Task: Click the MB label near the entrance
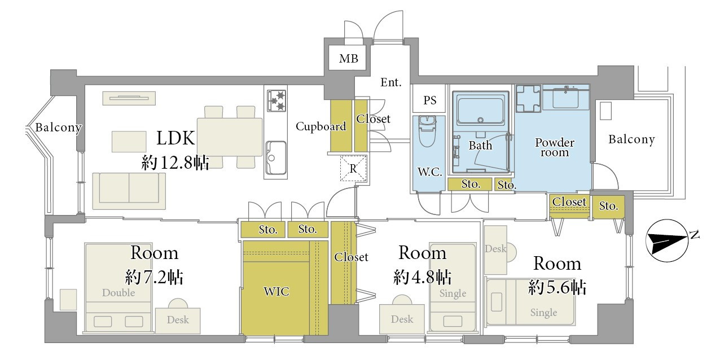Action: coord(348,59)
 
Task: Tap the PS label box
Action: coord(429,100)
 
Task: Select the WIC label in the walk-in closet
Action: coord(276,292)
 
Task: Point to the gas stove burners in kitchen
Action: coord(276,100)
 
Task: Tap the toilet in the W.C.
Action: coord(427,131)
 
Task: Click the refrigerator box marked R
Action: coord(353,168)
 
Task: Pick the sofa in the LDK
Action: coord(129,191)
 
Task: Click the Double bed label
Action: coord(118,292)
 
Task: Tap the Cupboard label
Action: coord(321,126)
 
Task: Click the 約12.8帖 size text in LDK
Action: coord(175,163)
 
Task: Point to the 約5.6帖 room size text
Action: coord(557,287)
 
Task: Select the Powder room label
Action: coord(555,147)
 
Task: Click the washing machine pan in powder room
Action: coord(528,99)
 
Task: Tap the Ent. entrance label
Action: coord(391,82)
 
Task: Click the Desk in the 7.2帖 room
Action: coord(178,320)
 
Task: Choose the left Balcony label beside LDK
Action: coord(58,128)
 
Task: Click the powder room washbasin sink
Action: coord(566,98)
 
